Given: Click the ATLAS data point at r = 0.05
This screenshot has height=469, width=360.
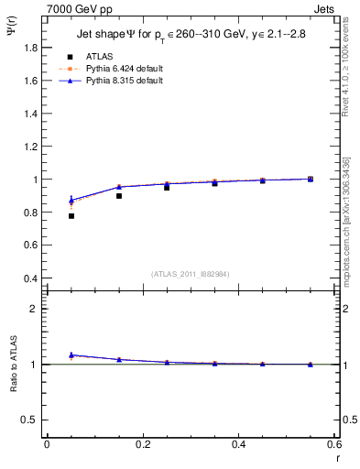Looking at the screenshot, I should pos(71,215).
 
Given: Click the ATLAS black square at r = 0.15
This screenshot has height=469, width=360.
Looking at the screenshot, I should pos(119,195).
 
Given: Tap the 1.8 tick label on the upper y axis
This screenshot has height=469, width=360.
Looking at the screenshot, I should pos(31,48).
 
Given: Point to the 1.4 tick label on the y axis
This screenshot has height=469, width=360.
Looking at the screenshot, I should pos(31,114).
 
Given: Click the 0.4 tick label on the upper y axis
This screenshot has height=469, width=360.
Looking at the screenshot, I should pos(31,278).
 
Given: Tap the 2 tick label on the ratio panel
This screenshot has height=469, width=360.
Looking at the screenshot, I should pos(36,309).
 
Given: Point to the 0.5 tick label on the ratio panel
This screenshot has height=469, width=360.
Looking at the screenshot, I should pos(31,420).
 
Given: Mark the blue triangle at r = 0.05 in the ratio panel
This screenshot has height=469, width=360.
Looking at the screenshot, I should pos(71,354).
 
